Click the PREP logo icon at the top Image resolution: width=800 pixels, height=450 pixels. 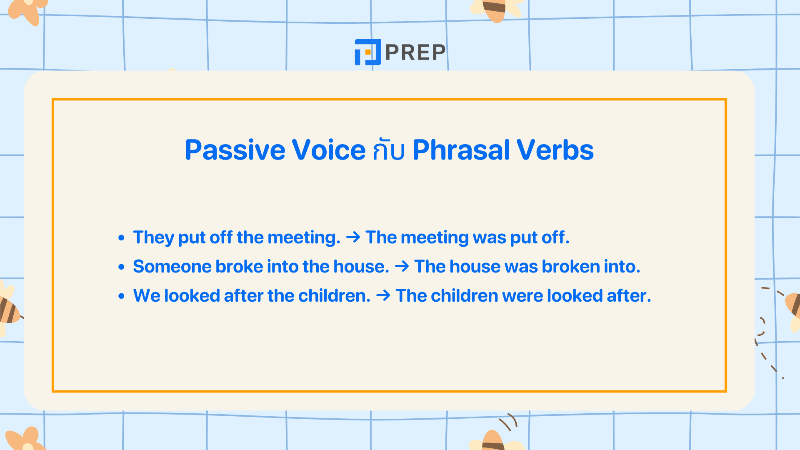point(367,52)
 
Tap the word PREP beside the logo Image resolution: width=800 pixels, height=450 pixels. point(415,52)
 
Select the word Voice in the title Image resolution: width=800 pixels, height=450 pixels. point(328,150)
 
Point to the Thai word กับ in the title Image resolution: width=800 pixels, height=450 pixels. point(388,151)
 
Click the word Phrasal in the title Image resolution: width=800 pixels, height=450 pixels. point(461,150)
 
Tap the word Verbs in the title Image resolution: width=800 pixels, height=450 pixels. point(555,150)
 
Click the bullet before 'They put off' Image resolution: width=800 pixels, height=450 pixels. point(121,238)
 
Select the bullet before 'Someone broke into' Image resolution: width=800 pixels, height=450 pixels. point(121,267)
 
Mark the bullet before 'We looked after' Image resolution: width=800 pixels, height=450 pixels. point(121,296)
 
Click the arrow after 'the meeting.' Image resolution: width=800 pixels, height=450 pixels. point(353,237)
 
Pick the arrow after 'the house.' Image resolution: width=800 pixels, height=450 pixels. point(402,267)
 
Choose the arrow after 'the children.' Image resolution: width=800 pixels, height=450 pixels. point(383,296)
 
